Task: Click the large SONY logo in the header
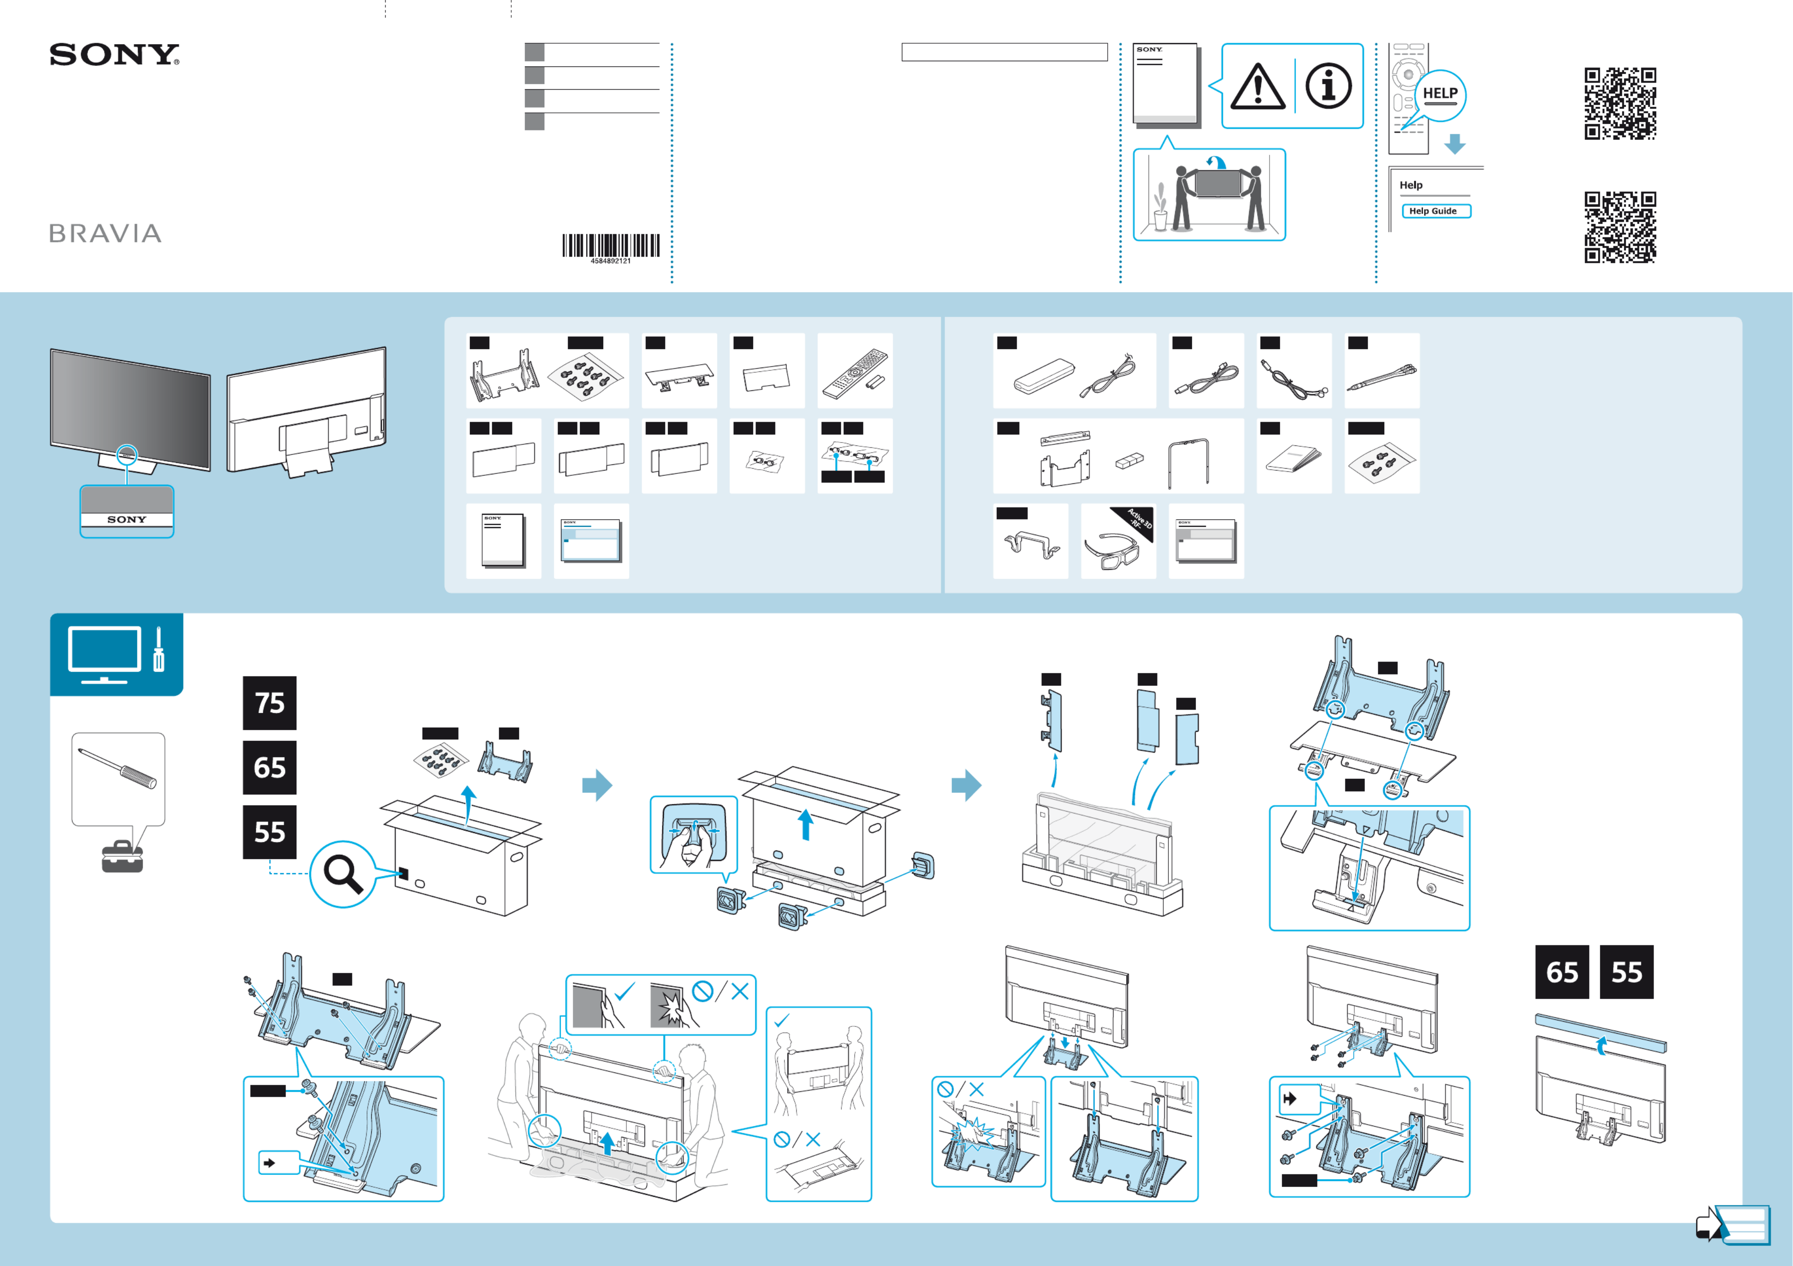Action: click(x=114, y=55)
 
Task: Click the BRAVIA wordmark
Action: click(x=105, y=233)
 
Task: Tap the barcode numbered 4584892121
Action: click(x=611, y=246)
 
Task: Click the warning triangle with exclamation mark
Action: click(x=1257, y=87)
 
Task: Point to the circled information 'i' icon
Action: click(x=1328, y=86)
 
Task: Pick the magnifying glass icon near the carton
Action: click(x=343, y=873)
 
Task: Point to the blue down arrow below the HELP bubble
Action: click(x=1454, y=144)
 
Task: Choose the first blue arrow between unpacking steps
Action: click(x=598, y=785)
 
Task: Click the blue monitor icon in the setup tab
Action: click(x=105, y=652)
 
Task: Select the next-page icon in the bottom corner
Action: click(x=1732, y=1225)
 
